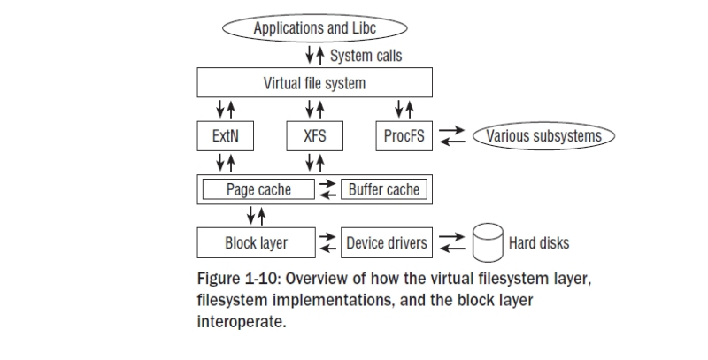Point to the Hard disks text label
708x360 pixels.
pyautogui.click(x=539, y=243)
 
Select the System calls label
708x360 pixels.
pyautogui.click(x=366, y=56)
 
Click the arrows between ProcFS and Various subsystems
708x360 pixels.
pyautogui.click(x=452, y=136)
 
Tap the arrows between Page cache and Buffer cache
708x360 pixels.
pyautogui.click(x=327, y=189)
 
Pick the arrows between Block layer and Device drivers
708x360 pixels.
pyautogui.click(x=327, y=242)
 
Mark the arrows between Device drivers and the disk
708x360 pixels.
pyautogui.click(x=452, y=242)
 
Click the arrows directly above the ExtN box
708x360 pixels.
pyautogui.click(x=226, y=109)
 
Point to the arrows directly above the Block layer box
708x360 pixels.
pyautogui.click(x=256, y=216)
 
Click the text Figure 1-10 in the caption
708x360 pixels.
pyautogui.click(x=236, y=279)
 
